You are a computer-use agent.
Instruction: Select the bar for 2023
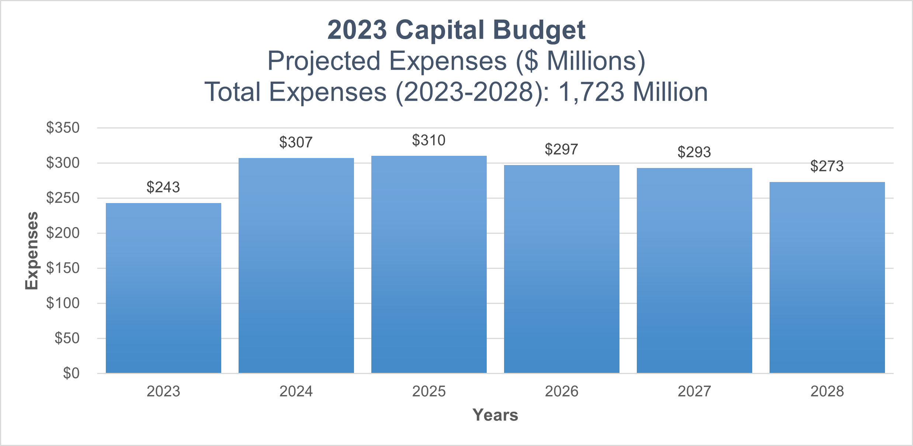[163, 288]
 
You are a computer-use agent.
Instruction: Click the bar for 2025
[429, 264]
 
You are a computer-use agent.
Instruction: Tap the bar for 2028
[827, 277]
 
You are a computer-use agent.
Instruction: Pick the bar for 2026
[562, 269]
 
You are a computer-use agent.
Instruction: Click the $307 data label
[296, 143]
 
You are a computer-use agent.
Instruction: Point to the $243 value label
[163, 188]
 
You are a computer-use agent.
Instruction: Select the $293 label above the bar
[694, 152]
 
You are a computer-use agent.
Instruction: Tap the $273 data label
[827, 167]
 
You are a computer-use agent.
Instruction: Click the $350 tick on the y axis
[63, 128]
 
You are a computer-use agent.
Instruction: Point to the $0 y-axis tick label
[71, 373]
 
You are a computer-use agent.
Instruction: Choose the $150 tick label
[63, 268]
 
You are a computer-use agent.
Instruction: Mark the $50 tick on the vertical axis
[67, 338]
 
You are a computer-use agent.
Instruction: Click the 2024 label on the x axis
[296, 391]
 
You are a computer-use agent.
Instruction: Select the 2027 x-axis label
[694, 391]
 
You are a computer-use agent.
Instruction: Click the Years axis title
[495, 415]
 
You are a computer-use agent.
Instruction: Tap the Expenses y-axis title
[32, 251]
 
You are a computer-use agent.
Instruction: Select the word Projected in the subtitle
[324, 61]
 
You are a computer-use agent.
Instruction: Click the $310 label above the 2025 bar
[428, 141]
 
